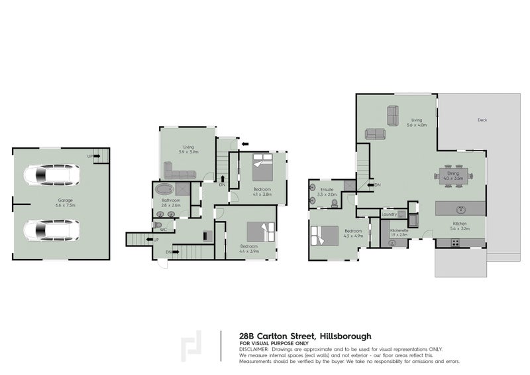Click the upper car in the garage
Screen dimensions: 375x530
point(51,176)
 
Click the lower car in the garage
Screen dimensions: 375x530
point(51,230)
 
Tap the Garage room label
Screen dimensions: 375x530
point(64,200)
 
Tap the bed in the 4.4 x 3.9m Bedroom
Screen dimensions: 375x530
point(261,232)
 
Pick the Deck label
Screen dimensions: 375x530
point(482,120)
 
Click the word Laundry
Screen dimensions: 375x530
point(389,214)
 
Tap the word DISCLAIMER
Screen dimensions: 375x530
point(253,348)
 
